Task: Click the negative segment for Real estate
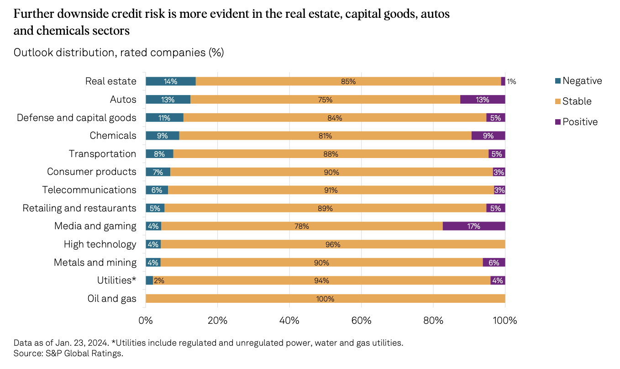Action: coord(171,81)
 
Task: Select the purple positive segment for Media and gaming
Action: coord(474,226)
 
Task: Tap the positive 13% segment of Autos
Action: coord(483,100)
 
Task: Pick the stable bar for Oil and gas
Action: coord(325,299)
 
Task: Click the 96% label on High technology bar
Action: coord(333,244)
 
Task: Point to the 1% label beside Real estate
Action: coord(511,82)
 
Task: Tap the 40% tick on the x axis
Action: coord(289,320)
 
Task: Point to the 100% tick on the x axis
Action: coord(504,320)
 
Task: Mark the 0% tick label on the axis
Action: coord(146,320)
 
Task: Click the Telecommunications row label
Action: coord(89,190)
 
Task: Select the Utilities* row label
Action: coord(116,280)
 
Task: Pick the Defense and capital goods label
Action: coord(76,118)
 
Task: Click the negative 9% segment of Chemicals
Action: coord(163,136)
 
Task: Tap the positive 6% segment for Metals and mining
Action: coord(494,262)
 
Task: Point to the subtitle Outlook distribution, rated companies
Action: coord(119,53)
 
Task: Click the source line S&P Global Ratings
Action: coord(68,353)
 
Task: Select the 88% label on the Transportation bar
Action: coord(331,154)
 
